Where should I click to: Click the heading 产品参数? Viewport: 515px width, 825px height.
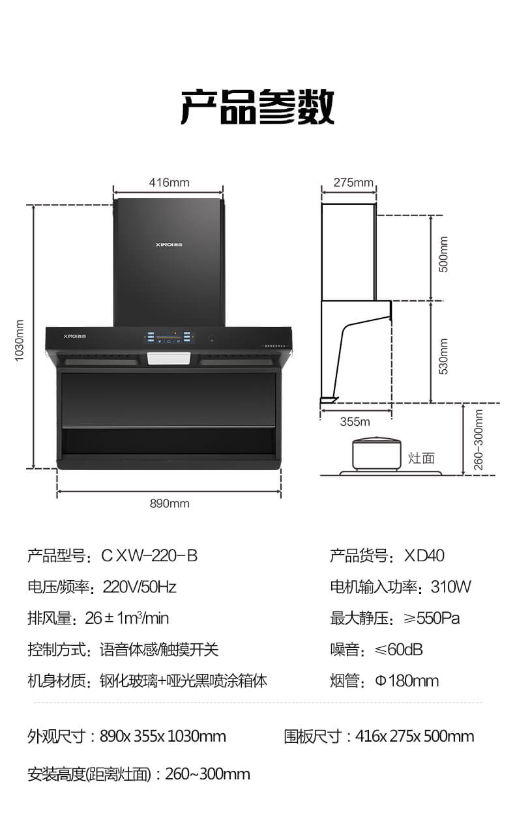pyautogui.click(x=257, y=106)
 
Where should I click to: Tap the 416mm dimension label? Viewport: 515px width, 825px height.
pyautogui.click(x=169, y=183)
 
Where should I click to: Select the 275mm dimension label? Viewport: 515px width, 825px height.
pyautogui.click(x=353, y=183)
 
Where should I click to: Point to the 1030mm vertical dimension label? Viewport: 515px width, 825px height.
pyautogui.click(x=20, y=341)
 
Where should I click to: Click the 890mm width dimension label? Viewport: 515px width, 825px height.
pyautogui.click(x=169, y=503)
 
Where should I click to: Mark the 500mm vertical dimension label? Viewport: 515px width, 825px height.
pyautogui.click(x=443, y=254)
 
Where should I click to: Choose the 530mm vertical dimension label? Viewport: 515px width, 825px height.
pyautogui.click(x=443, y=357)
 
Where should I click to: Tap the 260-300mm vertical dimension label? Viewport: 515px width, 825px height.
pyautogui.click(x=478, y=440)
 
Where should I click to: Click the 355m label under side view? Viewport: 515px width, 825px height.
pyautogui.click(x=355, y=422)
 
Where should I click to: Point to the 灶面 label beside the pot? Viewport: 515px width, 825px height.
pyautogui.click(x=421, y=458)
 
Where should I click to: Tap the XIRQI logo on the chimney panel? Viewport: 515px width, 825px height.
pyautogui.click(x=169, y=244)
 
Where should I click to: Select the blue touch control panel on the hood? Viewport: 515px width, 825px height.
pyautogui.click(x=169, y=337)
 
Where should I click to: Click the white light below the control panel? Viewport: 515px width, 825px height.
pyautogui.click(x=169, y=358)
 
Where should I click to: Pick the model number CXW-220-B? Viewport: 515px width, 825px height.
pyautogui.click(x=150, y=556)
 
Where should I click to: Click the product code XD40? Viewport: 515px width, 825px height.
pyautogui.click(x=424, y=556)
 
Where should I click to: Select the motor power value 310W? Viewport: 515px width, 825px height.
pyautogui.click(x=451, y=587)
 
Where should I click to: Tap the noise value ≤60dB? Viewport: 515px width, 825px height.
pyautogui.click(x=398, y=650)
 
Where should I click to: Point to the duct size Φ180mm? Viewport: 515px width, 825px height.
pyautogui.click(x=407, y=681)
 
